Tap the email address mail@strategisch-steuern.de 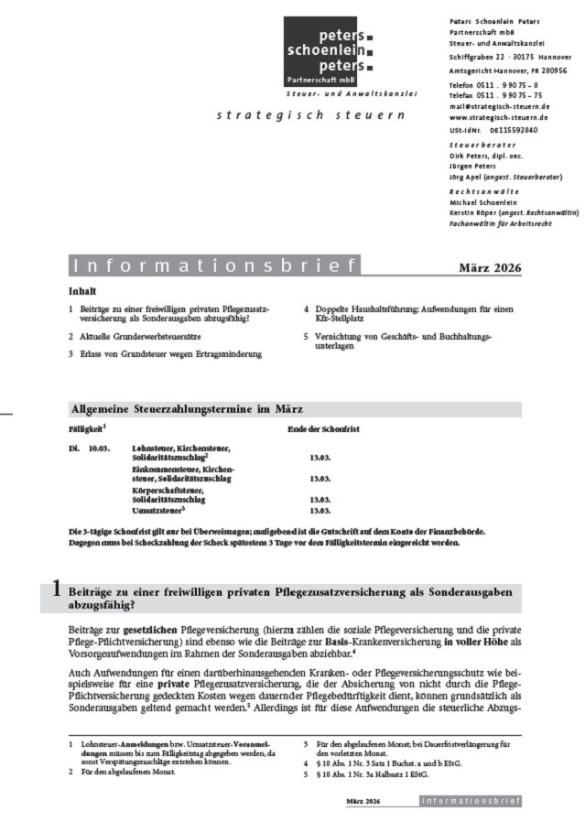500,106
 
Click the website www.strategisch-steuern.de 500,117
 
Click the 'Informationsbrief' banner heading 214,266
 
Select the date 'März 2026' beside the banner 490,267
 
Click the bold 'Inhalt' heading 82,291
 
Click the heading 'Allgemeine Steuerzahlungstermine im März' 186,408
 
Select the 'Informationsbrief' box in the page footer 471,802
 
